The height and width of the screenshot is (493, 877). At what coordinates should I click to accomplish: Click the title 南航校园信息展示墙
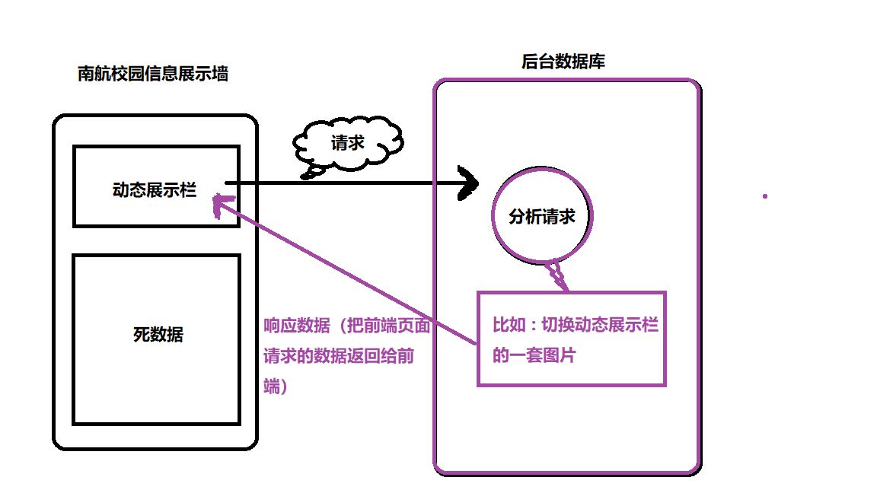pos(153,74)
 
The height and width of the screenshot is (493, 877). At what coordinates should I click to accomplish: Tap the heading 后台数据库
pos(563,62)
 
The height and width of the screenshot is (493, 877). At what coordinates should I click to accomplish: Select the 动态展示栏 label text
pos(154,189)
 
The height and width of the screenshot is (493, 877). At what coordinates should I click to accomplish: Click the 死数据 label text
pos(158,334)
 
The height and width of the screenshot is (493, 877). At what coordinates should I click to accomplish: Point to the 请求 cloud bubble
pos(347,142)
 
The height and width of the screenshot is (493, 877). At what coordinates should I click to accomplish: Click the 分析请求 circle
pos(541,216)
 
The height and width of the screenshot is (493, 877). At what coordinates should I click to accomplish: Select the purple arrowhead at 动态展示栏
pos(221,204)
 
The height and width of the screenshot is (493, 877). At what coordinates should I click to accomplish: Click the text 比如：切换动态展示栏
pos(576,326)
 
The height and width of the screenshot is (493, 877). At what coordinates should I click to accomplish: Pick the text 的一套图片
pos(534,355)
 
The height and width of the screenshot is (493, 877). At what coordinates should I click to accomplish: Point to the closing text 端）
pos(275,386)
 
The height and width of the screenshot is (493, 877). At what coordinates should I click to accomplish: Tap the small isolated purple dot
pos(765,196)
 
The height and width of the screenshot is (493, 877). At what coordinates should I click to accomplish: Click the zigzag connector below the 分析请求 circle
pos(559,275)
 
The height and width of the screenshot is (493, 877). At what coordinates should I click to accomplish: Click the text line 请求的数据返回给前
pos(338,356)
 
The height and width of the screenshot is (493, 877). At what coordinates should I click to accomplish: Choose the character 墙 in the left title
pos(220,74)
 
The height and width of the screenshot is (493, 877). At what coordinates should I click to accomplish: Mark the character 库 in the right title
pos(597,62)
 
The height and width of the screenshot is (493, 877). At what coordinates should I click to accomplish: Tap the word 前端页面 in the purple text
pos(397,326)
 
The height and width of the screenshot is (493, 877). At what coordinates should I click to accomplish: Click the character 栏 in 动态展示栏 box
pos(187,189)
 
